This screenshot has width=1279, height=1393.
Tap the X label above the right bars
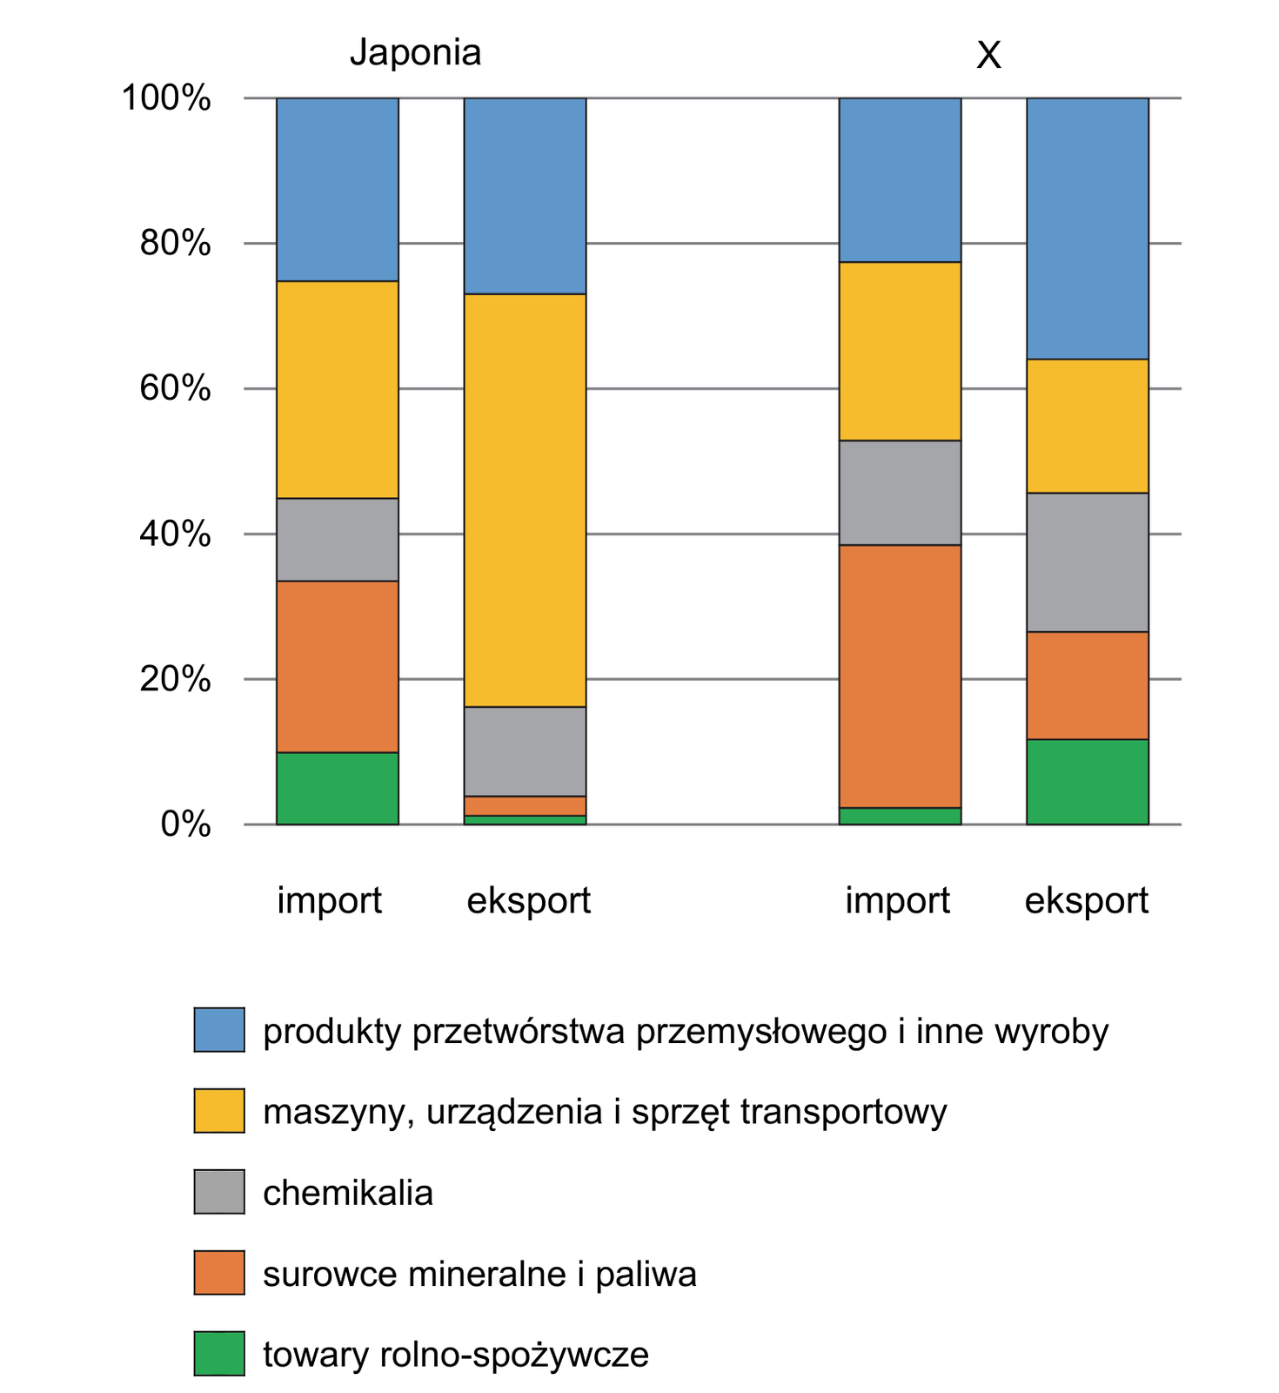click(988, 56)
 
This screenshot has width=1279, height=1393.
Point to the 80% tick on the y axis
click(175, 243)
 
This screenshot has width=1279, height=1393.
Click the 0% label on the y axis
click(185, 824)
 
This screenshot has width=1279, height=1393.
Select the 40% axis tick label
click(175, 534)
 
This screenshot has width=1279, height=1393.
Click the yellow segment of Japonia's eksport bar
click(525, 501)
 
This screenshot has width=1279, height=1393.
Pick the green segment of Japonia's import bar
click(338, 788)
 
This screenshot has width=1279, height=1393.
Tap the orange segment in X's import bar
click(900, 676)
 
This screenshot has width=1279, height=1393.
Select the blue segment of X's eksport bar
click(1088, 228)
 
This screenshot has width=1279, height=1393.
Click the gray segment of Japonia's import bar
click(338, 540)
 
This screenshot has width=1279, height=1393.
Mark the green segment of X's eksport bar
click(1088, 782)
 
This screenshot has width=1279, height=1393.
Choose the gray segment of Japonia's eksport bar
click(525, 751)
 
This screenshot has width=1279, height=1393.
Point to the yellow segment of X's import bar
click(900, 351)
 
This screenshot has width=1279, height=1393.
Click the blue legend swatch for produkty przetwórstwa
click(219, 1030)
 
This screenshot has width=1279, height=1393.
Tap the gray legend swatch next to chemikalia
click(219, 1192)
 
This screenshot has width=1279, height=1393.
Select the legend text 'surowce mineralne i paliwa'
click(479, 1275)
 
